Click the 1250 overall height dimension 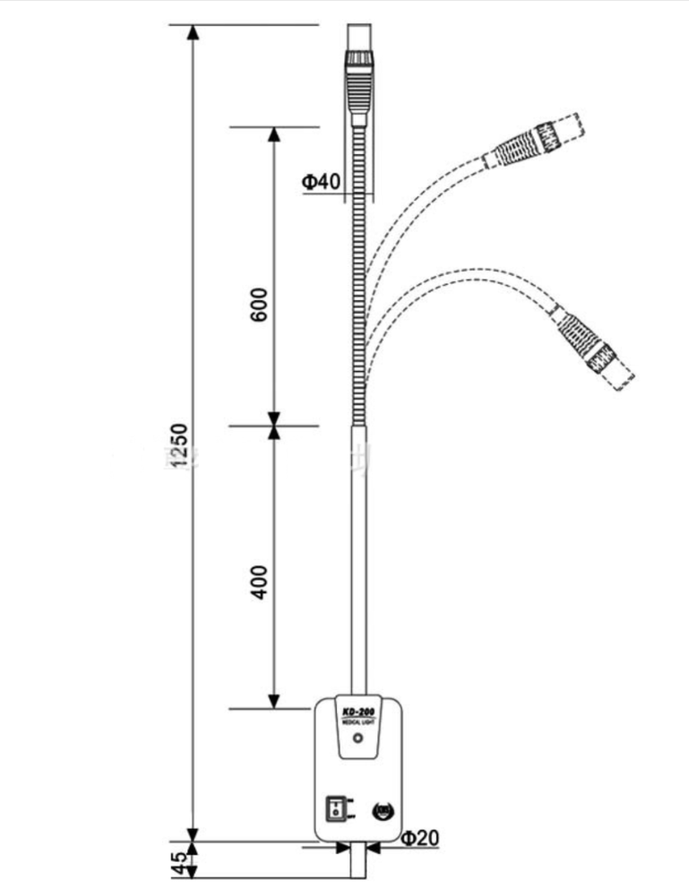[178, 445]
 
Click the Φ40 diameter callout [321, 182]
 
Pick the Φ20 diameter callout [418, 839]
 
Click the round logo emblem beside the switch [382, 810]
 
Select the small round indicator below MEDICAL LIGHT [358, 740]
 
